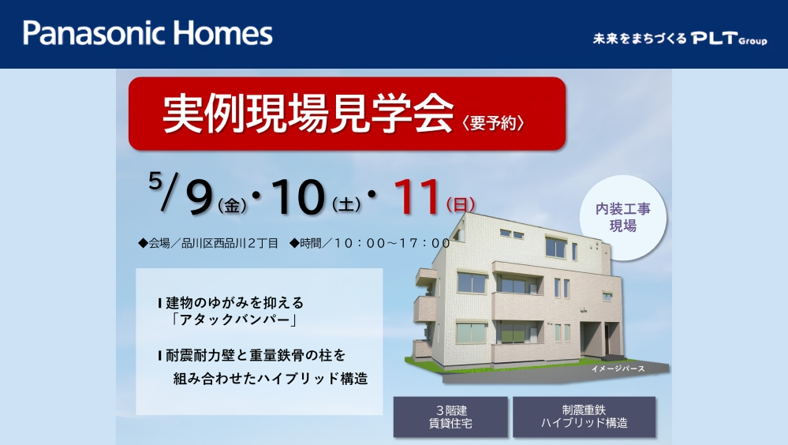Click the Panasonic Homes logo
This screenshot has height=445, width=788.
click(148, 33)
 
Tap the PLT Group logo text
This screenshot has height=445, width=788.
click(729, 38)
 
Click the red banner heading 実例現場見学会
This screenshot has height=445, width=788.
click(308, 114)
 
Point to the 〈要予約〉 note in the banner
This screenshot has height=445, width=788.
click(494, 122)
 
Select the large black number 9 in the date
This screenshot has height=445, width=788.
click(200, 197)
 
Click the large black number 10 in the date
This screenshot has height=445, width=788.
click(297, 196)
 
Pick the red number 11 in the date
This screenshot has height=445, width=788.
click(417, 196)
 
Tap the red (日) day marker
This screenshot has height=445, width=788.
click(461, 204)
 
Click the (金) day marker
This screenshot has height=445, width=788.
click(232, 205)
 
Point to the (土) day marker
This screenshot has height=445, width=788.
click(346, 204)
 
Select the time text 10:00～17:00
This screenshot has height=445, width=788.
click(392, 243)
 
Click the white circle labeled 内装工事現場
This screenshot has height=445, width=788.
click(623, 218)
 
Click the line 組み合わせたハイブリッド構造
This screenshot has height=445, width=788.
click(271, 379)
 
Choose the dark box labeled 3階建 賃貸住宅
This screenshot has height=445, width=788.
click(450, 417)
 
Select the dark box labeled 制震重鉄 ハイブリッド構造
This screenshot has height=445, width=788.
click(584, 417)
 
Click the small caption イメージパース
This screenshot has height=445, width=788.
click(618, 369)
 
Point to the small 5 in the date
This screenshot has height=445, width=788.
click(155, 180)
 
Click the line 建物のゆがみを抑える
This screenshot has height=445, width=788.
click(235, 303)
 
